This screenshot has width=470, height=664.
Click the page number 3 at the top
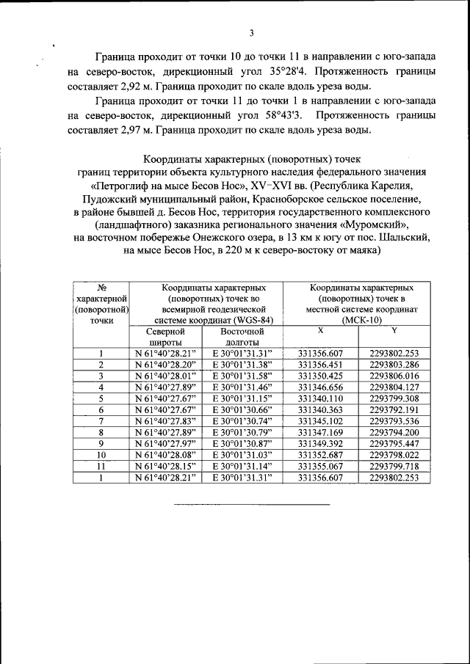click(251, 33)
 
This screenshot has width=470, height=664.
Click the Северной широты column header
click(164, 337)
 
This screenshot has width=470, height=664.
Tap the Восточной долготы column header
click(241, 337)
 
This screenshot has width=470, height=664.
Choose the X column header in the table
click(320, 332)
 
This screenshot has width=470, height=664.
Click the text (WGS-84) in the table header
click(248, 321)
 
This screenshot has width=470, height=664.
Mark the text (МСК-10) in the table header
click(358, 321)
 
